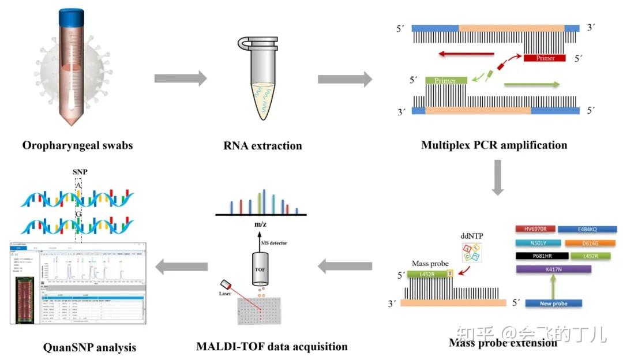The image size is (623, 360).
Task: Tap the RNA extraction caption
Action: (262, 145)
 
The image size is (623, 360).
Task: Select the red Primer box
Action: (545, 58)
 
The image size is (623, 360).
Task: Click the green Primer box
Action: (445, 81)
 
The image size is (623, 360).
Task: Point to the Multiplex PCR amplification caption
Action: (494, 144)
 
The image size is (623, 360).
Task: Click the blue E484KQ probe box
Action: (587, 230)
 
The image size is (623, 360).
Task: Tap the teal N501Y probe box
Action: (535, 243)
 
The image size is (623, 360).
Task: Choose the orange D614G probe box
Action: (587, 243)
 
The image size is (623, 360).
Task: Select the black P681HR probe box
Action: (535, 256)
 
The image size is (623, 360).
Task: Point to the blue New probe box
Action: (553, 303)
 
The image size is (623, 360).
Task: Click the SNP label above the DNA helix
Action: (80, 172)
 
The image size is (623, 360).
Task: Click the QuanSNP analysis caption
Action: (89, 347)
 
